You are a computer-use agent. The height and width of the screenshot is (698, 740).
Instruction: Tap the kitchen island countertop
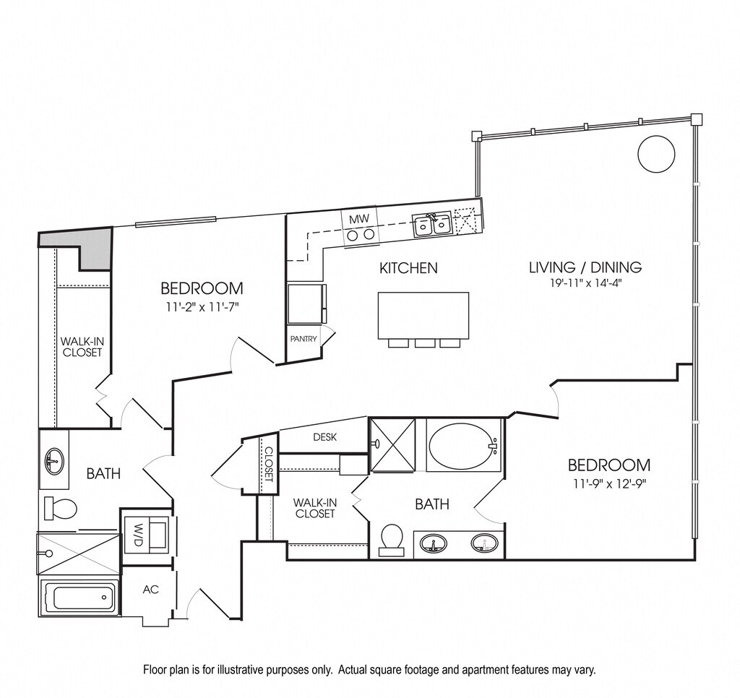423,314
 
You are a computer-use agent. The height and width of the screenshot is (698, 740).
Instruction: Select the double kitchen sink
432,225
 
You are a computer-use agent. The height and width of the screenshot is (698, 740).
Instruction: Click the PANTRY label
303,338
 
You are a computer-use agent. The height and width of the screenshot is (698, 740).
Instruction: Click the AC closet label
150,590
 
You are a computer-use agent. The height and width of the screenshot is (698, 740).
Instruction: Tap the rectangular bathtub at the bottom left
79,598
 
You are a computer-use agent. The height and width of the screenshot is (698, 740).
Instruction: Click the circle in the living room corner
656,152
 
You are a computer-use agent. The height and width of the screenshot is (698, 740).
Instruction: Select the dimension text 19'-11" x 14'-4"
585,283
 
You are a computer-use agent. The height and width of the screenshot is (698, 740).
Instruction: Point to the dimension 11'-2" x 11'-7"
200,306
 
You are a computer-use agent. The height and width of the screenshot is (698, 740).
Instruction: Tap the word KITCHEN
408,268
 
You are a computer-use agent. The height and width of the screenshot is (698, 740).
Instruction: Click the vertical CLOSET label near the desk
268,465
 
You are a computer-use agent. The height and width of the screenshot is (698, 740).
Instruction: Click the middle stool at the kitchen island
424,343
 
